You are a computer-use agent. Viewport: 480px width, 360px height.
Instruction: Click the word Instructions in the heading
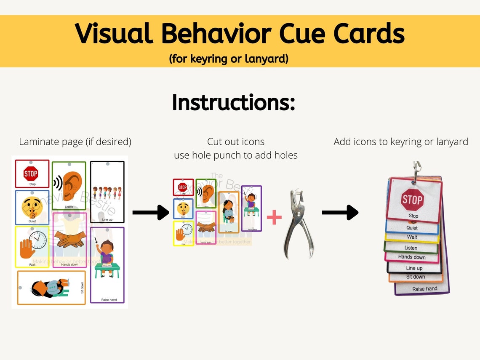tap(233, 102)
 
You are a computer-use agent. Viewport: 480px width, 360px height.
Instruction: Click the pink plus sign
tap(274, 218)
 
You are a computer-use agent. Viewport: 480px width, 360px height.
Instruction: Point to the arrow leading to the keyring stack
tap(340, 213)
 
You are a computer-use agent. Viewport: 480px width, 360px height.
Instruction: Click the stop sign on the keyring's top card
tap(412, 200)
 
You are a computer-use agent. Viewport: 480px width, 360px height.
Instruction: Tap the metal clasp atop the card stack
tap(416, 171)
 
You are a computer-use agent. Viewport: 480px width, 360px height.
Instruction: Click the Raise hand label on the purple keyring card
tap(424, 289)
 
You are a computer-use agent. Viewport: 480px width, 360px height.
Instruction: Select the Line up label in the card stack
tap(414, 268)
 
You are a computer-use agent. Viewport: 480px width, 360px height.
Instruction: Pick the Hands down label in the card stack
tap(412, 257)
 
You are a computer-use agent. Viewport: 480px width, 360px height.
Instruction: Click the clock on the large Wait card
tap(38, 240)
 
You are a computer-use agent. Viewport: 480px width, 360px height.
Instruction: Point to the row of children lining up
tap(107, 193)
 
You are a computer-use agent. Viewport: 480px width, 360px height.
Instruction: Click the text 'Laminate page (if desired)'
tap(75, 142)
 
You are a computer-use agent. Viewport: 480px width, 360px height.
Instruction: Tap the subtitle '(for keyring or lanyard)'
tap(229, 59)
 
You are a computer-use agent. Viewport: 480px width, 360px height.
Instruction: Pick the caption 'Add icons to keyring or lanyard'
tap(400, 142)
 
